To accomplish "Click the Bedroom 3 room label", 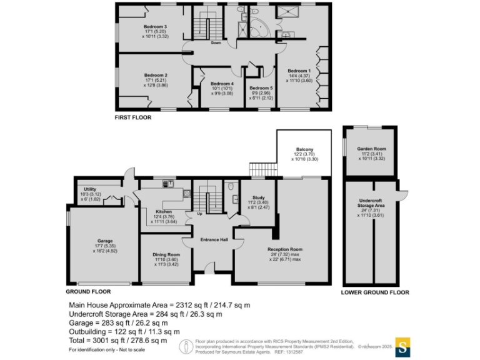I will click(x=155, y=26).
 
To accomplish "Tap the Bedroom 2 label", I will click(x=155, y=75).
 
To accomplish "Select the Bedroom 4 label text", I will click(x=222, y=84).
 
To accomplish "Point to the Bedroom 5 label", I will click(x=261, y=88).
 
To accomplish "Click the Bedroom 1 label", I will click(x=299, y=71).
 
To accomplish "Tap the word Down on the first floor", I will click(x=216, y=43).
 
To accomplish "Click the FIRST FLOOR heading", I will click(x=133, y=117).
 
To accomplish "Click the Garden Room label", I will click(x=371, y=149).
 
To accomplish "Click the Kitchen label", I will click(x=163, y=211).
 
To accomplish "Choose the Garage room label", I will click(x=104, y=240).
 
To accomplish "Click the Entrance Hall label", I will click(x=213, y=240).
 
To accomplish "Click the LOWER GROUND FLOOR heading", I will click(x=375, y=292).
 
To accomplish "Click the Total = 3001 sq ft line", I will click(x=117, y=341).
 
